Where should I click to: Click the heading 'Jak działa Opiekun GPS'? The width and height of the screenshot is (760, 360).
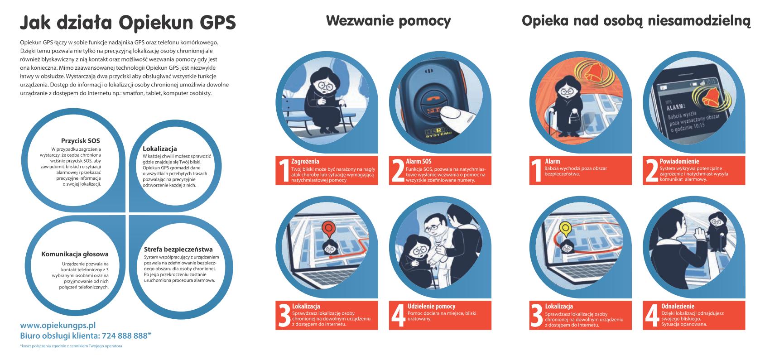tap(128, 23)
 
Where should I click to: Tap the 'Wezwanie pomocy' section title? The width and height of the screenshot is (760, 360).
tap(388, 21)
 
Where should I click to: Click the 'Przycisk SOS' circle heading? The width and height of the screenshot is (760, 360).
tap(81, 140)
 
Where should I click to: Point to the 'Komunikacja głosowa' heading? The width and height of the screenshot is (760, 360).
tap(75, 254)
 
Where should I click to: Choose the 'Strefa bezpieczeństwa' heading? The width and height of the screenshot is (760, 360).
tap(178, 249)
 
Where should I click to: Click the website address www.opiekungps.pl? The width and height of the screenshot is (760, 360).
tap(58, 325)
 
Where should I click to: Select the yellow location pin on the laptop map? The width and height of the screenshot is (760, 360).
tap(565, 229)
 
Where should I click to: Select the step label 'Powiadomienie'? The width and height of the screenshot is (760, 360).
tap(679, 161)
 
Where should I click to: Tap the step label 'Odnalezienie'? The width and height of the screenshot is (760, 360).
tap(678, 307)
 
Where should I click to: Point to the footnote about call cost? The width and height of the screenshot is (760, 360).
tap(71, 346)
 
